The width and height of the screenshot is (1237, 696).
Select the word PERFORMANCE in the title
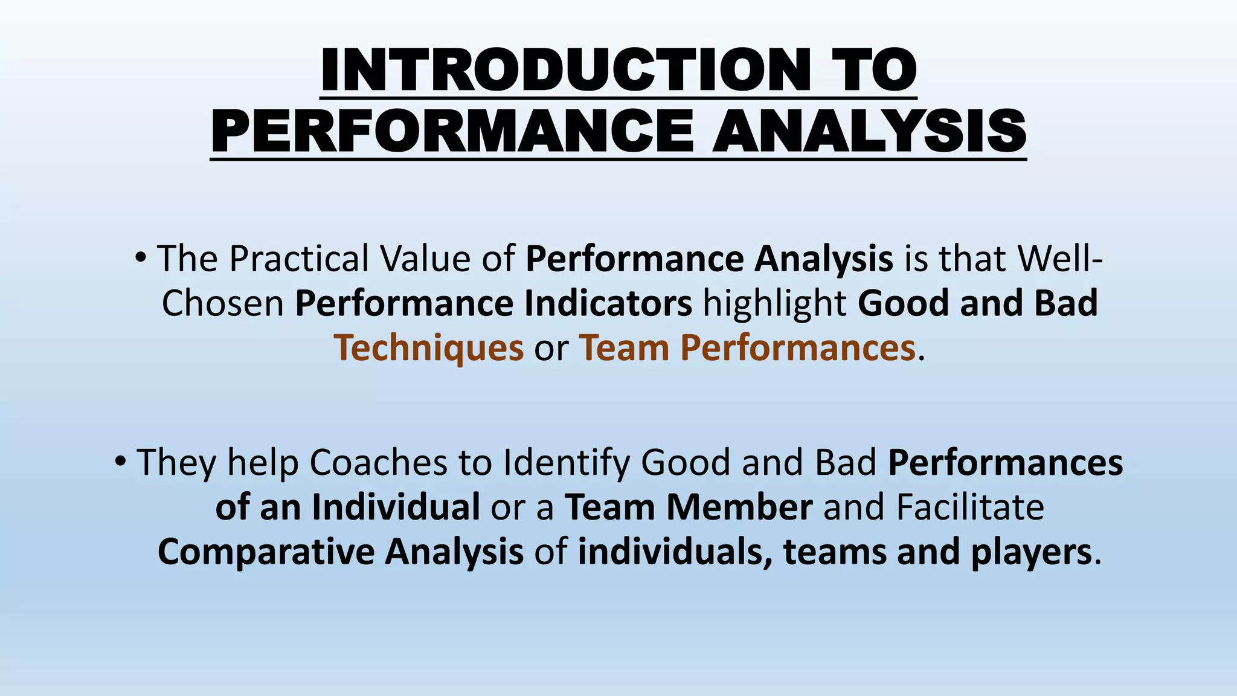(452, 132)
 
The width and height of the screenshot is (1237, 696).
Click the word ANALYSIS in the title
(869, 132)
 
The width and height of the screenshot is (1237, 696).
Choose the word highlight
(775, 304)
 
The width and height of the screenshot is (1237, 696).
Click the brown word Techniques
(429, 349)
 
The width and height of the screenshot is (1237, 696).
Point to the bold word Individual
(396, 507)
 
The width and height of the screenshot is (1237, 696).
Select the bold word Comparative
(266, 552)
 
